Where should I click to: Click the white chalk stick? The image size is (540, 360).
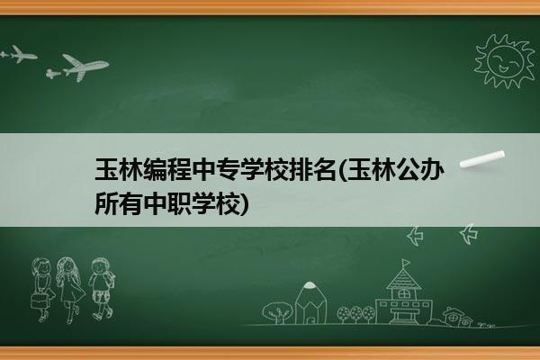click(482, 159)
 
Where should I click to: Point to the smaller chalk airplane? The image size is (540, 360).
click(19, 54)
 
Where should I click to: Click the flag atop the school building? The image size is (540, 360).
click(407, 263)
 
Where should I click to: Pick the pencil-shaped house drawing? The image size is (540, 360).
click(310, 302)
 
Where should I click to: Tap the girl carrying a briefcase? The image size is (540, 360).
click(42, 289)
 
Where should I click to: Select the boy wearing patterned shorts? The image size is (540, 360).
click(102, 289)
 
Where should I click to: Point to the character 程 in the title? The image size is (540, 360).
click(179, 169)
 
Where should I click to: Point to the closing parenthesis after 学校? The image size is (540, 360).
click(244, 204)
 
